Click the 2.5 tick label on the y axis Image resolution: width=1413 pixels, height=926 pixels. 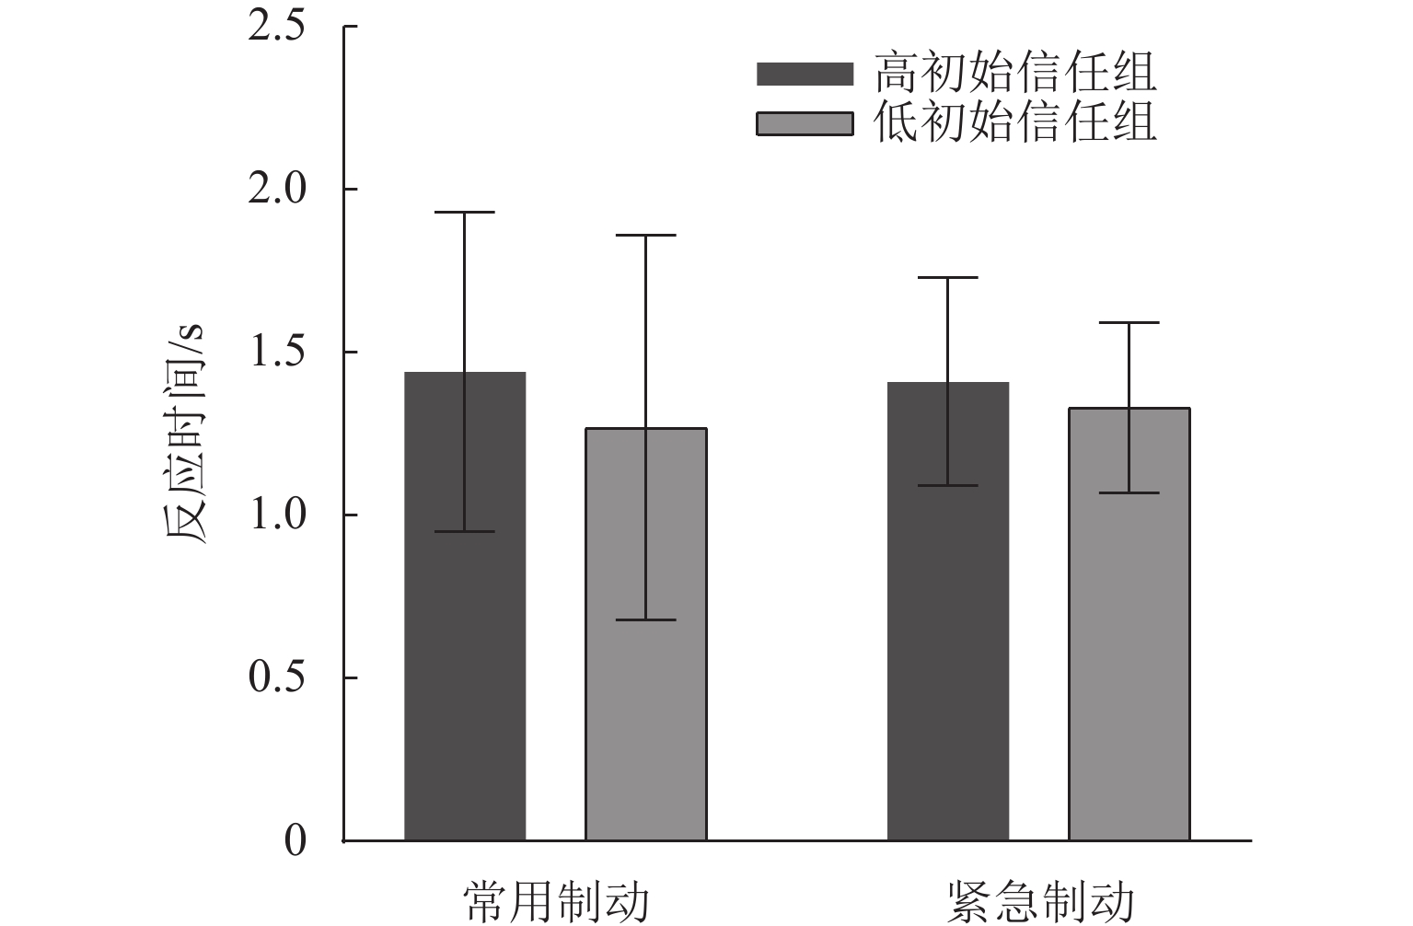[x=277, y=27]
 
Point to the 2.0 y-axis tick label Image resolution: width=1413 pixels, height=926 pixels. [x=277, y=190]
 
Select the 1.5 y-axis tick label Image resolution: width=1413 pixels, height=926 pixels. [x=277, y=353]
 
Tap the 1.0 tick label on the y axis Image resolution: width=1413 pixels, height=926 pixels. [x=277, y=515]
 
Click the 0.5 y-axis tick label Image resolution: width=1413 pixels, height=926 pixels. [x=277, y=678]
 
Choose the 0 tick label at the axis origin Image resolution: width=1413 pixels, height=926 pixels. [x=295, y=841]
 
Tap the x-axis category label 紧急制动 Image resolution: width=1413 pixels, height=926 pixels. [x=1039, y=902]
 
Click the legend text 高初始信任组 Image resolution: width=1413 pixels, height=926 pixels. [x=1015, y=73]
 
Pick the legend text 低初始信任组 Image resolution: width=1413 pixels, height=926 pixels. [x=1015, y=122]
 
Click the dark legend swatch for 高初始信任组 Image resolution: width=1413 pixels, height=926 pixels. [x=805, y=74]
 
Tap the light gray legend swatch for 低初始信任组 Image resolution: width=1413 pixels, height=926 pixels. [x=805, y=123]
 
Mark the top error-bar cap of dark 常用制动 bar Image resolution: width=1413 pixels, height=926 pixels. [x=465, y=213]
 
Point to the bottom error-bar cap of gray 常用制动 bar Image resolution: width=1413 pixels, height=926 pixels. [x=646, y=619]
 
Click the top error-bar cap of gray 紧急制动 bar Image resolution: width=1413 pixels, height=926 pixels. [x=1129, y=323]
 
